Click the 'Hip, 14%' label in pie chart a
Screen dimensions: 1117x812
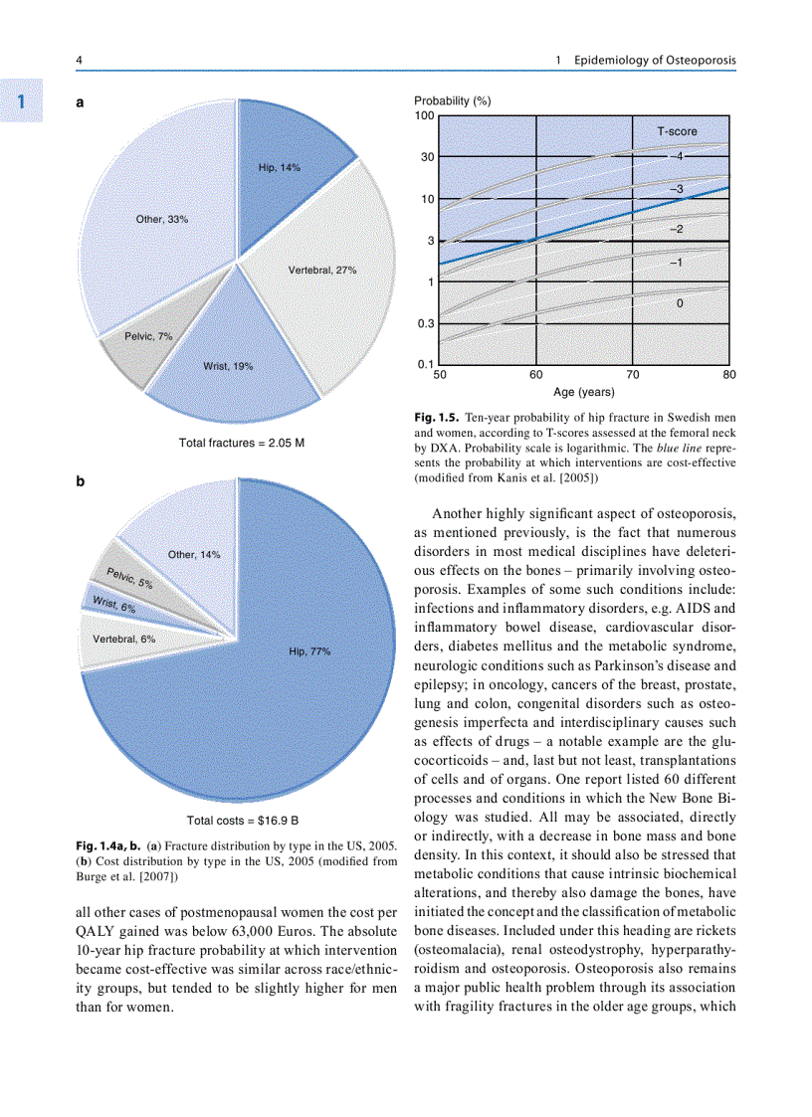[x=279, y=167]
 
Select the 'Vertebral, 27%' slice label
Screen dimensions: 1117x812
[x=321, y=270]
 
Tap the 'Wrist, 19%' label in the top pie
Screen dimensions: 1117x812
[x=228, y=366]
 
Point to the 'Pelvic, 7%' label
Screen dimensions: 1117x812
[x=148, y=336]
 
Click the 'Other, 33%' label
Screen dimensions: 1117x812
[x=162, y=219]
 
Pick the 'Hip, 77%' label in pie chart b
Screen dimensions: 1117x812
[x=309, y=652]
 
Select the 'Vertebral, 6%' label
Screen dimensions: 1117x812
[x=123, y=639]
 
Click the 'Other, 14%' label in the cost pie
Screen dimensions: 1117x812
[x=194, y=554]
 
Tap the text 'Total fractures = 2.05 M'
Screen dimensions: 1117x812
[x=241, y=443]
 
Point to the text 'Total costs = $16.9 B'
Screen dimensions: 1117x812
[x=243, y=821]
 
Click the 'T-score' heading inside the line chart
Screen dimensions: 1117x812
[x=677, y=131]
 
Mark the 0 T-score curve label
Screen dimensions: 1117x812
[x=679, y=303]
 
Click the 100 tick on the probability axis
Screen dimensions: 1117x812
[x=425, y=115]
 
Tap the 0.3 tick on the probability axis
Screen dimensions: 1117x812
[x=426, y=323]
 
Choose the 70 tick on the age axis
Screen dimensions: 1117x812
[x=633, y=375]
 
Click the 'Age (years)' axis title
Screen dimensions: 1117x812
[x=583, y=392]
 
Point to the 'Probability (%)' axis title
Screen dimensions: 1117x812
[x=452, y=101]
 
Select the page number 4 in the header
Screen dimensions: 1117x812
[x=80, y=61]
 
